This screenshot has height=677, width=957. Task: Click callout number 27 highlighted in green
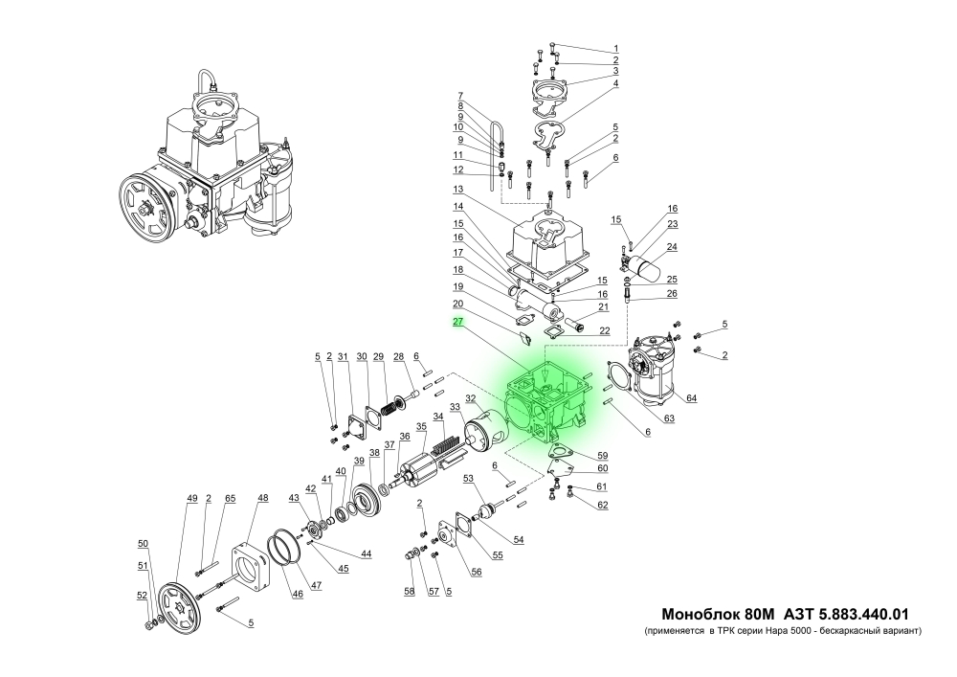pos(458,324)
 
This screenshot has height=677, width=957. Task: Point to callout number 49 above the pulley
pos(191,499)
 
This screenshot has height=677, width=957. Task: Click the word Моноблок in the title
pos(700,614)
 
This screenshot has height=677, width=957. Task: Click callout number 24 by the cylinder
pos(672,246)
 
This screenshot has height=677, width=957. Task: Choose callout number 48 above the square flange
pos(262,499)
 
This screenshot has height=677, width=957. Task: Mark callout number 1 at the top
pos(616,49)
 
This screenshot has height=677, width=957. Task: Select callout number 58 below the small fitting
pos(409,593)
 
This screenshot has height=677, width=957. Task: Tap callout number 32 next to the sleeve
pos(471,398)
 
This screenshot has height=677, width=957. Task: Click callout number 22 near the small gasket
pos(603,331)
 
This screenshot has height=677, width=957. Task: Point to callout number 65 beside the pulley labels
pos(230,499)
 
